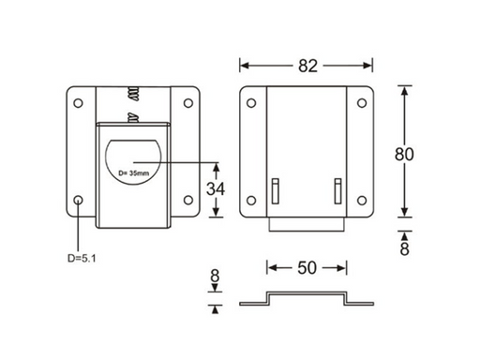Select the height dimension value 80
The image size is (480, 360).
pyautogui.click(x=403, y=154)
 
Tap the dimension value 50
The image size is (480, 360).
pyautogui.click(x=306, y=268)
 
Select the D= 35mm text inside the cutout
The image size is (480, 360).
pyautogui.click(x=134, y=173)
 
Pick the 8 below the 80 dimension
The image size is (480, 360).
pyautogui.click(x=404, y=248)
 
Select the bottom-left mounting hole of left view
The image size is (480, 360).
pyautogui.click(x=79, y=200)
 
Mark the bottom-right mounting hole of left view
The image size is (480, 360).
pyautogui.click(x=189, y=200)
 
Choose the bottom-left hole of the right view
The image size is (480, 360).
pyautogui.click(x=250, y=200)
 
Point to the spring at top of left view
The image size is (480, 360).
pyautogui.click(x=134, y=95)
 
